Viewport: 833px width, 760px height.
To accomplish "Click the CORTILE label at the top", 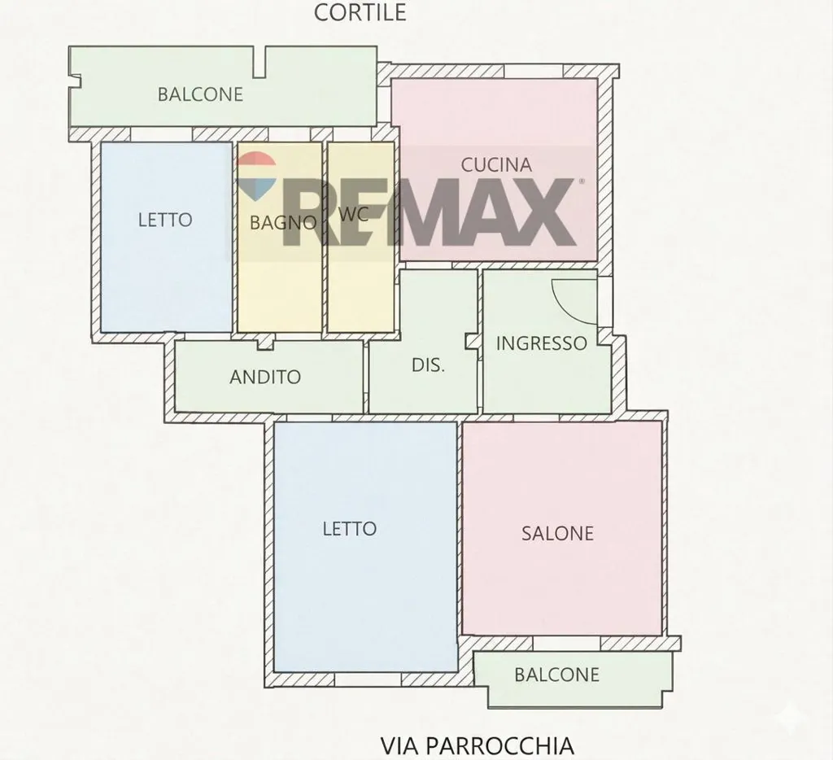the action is (x=360, y=12).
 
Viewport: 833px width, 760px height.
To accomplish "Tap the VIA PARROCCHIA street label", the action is (x=477, y=745).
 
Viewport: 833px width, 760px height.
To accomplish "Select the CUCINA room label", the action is (x=496, y=164).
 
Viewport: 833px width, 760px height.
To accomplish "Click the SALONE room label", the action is (x=557, y=533).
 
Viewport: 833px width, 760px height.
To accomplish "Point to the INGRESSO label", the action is (x=541, y=343).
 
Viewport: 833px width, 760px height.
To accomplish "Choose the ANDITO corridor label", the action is (x=265, y=377).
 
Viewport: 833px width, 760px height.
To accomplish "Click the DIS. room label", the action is (x=428, y=365).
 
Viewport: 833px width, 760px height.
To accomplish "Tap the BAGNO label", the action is (x=282, y=222).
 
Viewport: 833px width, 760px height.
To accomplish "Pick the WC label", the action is (x=353, y=214).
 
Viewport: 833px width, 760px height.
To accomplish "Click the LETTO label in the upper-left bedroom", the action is (x=165, y=220).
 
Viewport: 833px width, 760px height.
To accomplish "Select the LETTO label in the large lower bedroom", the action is (x=350, y=528).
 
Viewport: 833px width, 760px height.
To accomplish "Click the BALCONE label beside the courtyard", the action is (x=200, y=94).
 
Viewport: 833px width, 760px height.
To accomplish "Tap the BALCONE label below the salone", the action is (x=556, y=675).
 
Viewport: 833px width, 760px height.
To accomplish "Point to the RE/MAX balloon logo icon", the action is (x=256, y=176).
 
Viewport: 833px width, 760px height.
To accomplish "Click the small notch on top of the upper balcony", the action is (x=259, y=62).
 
